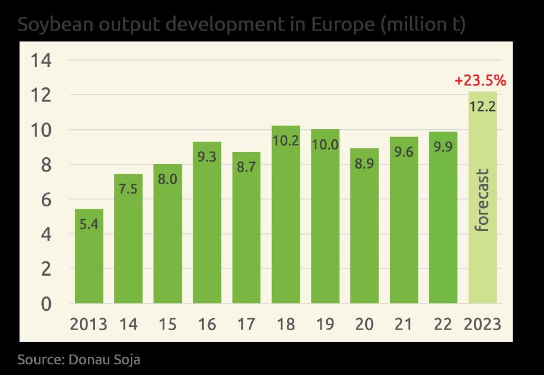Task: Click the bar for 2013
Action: [88, 256]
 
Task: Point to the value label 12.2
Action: [482, 108]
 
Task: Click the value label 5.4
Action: [88, 226]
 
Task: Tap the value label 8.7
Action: [246, 168]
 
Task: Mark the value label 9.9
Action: [443, 148]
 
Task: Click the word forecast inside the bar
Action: [482, 200]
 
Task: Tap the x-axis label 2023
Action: [482, 325]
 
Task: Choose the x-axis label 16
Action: [207, 325]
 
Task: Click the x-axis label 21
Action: [404, 325]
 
